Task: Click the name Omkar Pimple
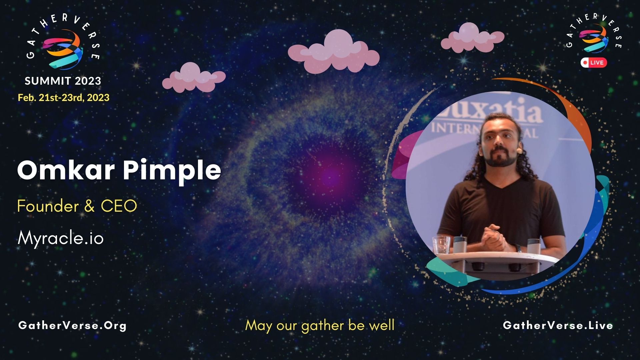coord(119,171)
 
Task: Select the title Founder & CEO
coord(77,206)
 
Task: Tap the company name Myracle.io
coord(61,238)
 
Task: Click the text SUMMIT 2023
coord(63,81)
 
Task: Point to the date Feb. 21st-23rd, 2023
coord(63,98)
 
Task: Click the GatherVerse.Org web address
coord(72,325)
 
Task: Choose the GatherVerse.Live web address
coord(558,325)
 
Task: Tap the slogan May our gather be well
coord(320,325)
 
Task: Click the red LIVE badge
coord(594,63)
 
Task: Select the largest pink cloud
coord(334,52)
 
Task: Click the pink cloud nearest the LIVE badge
coord(472,38)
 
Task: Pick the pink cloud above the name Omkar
coord(193,78)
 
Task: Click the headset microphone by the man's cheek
coord(519,151)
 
